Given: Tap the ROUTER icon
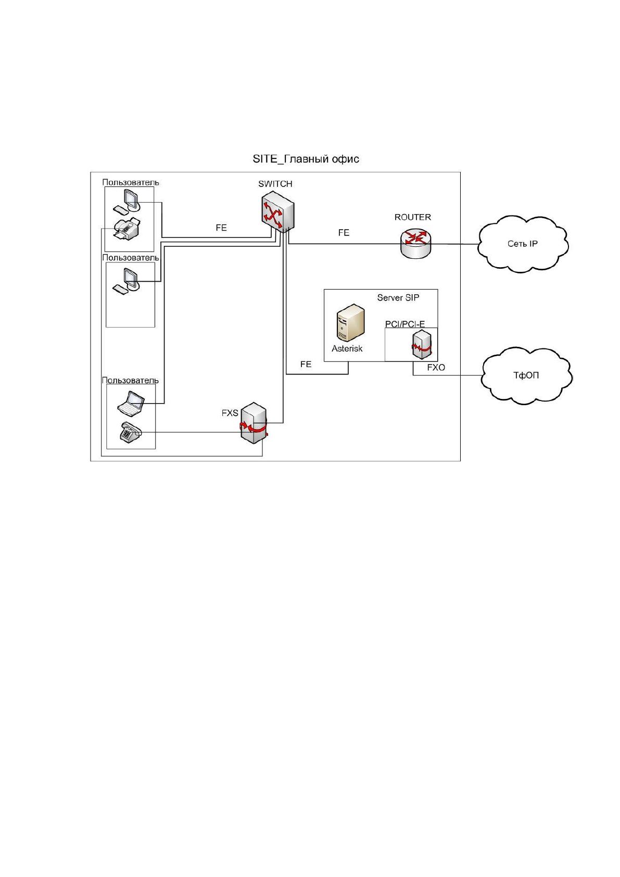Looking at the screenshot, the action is click(x=415, y=243).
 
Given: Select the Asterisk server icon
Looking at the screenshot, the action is click(x=351, y=323).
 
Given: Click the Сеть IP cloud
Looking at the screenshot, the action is click(x=523, y=244).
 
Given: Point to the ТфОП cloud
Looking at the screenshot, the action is click(x=526, y=375).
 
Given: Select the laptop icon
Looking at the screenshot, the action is click(x=131, y=404).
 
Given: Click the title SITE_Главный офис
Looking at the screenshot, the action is click(x=306, y=159).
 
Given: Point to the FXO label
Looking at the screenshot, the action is click(x=436, y=368).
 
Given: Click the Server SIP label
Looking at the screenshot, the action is click(x=398, y=297).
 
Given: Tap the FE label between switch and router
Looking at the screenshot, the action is click(x=344, y=233).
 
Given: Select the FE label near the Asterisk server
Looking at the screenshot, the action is click(x=306, y=364).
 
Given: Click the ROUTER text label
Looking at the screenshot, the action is click(x=412, y=217).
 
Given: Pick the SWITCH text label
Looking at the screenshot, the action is click(x=275, y=184).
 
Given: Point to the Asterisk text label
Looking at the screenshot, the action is click(x=347, y=348).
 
